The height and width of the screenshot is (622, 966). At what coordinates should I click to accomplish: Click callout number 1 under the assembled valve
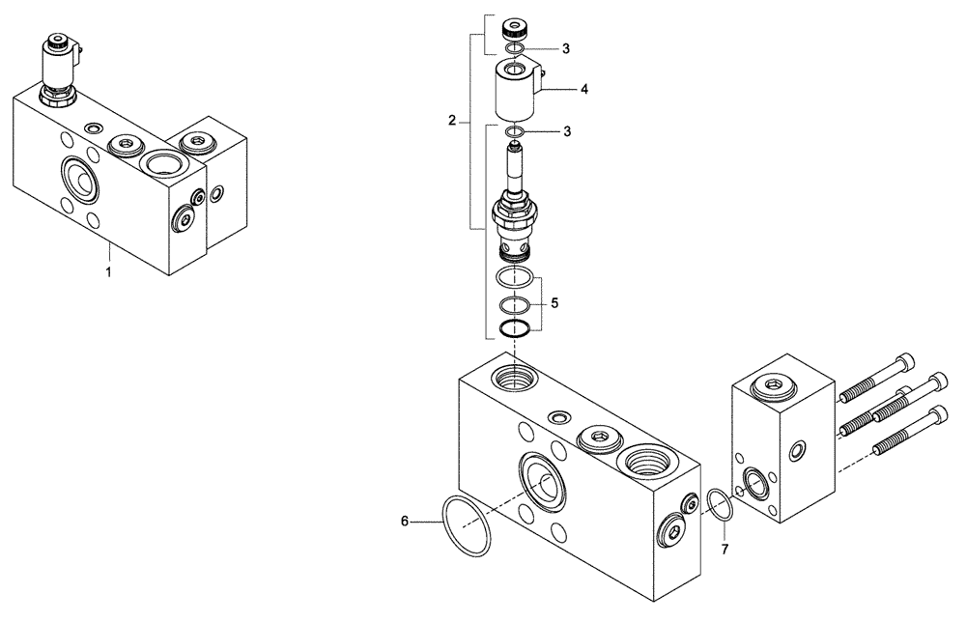click(x=108, y=273)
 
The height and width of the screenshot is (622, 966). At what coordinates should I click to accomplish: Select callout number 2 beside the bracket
click(x=452, y=121)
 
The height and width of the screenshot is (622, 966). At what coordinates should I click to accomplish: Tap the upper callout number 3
click(x=566, y=47)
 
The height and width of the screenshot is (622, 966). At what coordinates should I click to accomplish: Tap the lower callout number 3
click(x=566, y=130)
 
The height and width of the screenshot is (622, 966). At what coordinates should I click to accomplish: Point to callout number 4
click(x=584, y=89)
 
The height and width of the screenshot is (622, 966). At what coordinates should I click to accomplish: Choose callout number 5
click(x=555, y=302)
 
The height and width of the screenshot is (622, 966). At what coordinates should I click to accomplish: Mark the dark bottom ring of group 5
click(x=516, y=329)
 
